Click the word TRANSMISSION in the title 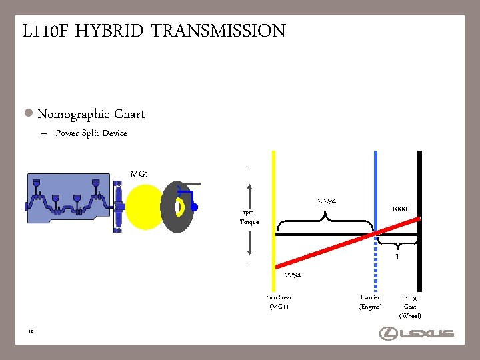[x=218, y=31]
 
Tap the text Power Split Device [x=91, y=133]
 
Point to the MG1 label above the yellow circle [x=139, y=174]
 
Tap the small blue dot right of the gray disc [x=194, y=207]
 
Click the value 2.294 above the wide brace [x=327, y=201]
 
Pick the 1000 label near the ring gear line [x=399, y=209]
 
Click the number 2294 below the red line [x=293, y=275]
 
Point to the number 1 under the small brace [x=397, y=256]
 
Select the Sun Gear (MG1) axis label [x=279, y=302]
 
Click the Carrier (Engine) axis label [x=370, y=302]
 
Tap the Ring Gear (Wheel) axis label [x=410, y=306]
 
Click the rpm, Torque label [x=249, y=217]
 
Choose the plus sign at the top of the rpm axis [x=249, y=167]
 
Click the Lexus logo [x=416, y=333]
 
